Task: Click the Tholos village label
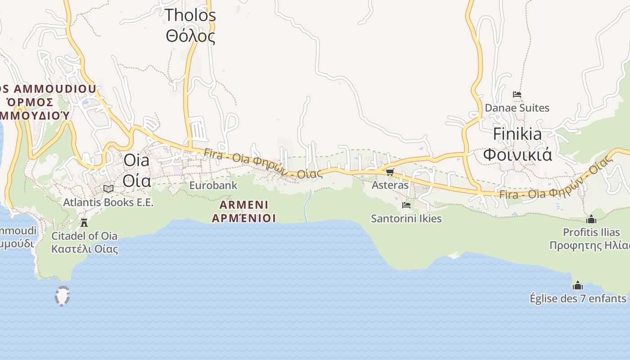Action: pos(190,15)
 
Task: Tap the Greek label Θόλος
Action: pos(190,36)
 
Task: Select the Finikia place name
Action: pos(517,134)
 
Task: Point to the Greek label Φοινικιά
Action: pos(517,154)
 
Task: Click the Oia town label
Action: pos(136,160)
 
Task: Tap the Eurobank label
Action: pos(213,185)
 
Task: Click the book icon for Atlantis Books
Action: pos(108,189)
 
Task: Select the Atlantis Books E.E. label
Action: pos(108,202)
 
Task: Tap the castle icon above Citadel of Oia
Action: pos(84,222)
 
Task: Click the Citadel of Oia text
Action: pos(85,236)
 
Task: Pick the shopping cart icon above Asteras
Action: pos(390,172)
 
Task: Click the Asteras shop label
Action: pos(390,185)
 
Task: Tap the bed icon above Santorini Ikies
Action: pos(406,205)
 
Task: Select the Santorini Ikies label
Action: pos(406,219)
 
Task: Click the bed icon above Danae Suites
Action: pos(517,94)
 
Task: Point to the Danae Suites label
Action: pos(517,108)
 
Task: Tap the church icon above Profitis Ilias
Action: pos(591,219)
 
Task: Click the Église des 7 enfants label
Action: pos(578,298)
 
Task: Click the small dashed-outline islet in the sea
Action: pos(62,296)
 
